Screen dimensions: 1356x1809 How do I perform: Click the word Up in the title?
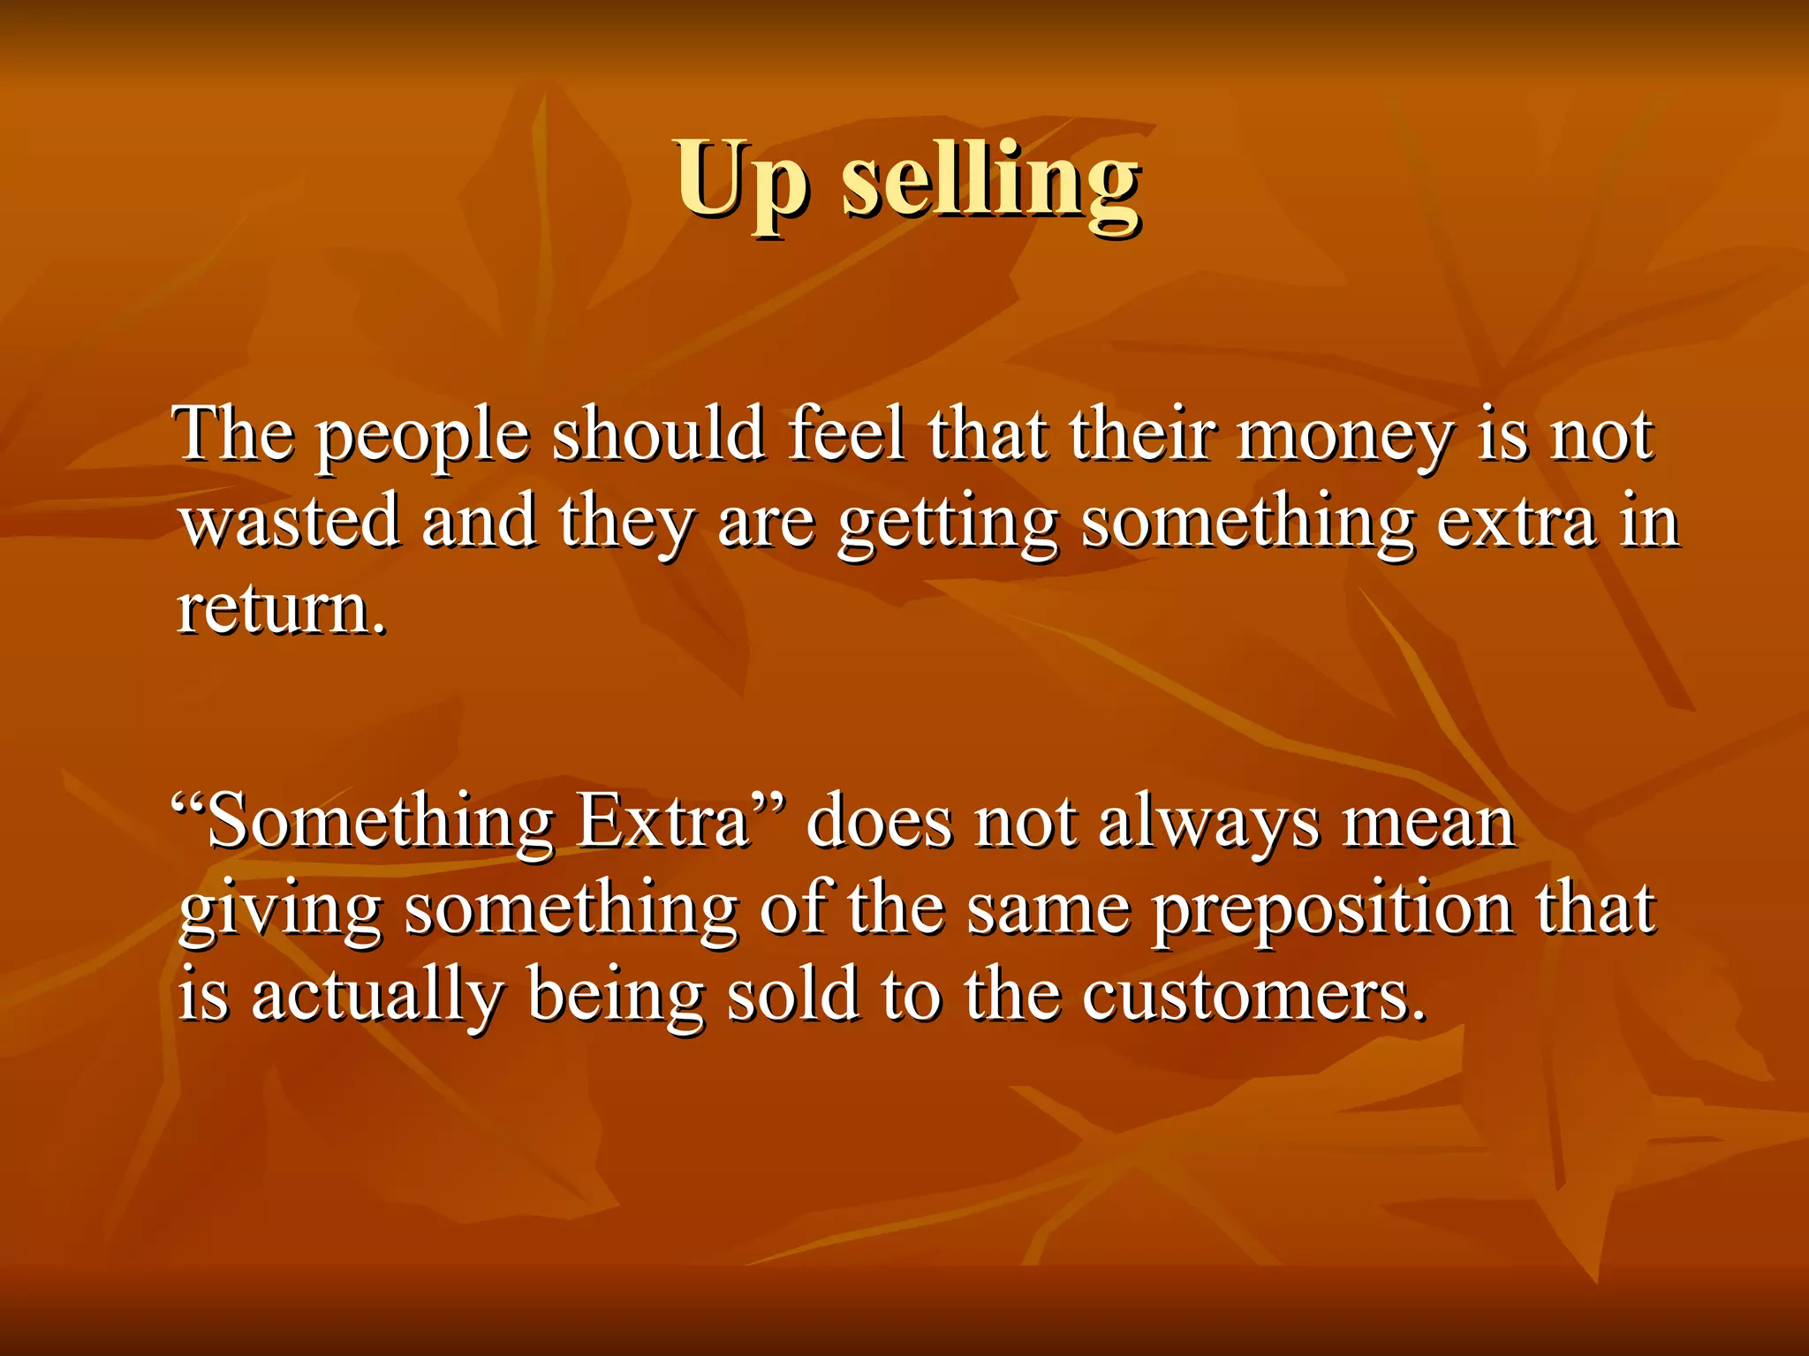click(741, 181)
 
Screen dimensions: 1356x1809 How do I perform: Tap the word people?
click(423, 436)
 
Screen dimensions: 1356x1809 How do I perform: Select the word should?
click(658, 433)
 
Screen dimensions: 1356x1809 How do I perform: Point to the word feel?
click(845, 433)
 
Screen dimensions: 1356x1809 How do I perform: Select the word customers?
click(1253, 997)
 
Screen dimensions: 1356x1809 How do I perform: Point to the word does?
click(880, 823)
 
